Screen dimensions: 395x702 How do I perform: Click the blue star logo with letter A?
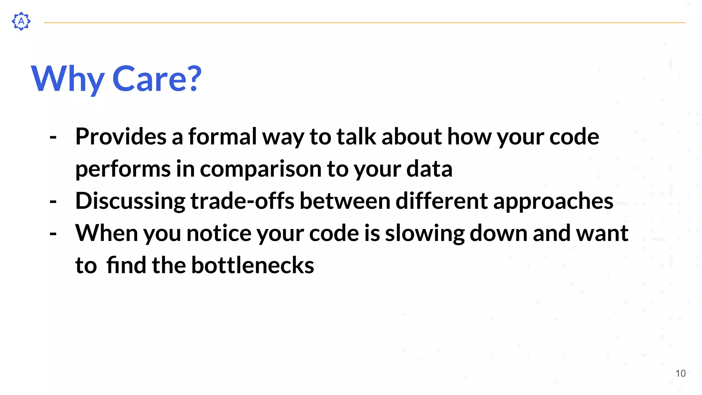click(21, 21)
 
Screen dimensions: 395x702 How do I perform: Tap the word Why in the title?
click(68, 79)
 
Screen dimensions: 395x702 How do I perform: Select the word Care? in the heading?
click(157, 79)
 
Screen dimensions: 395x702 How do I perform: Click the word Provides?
click(121, 136)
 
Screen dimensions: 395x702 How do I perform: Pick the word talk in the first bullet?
click(356, 136)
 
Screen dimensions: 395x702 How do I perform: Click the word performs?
click(123, 169)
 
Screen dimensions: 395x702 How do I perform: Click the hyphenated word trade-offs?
click(242, 201)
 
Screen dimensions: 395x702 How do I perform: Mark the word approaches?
click(553, 201)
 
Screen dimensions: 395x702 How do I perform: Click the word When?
click(106, 233)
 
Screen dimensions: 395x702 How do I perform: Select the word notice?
click(219, 233)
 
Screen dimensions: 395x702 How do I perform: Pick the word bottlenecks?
click(252, 265)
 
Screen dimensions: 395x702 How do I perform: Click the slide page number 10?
click(680, 373)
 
